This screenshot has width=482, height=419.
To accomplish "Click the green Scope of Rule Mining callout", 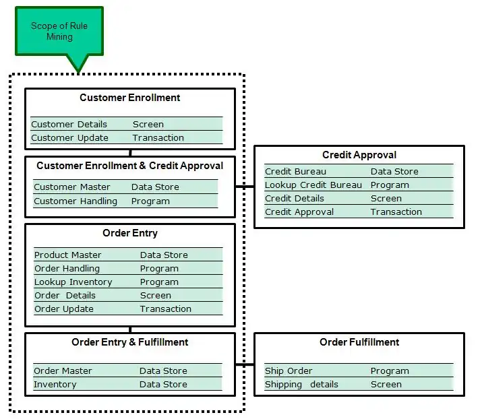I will tap(59, 32).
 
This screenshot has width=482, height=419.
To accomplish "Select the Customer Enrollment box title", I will tap(130, 98).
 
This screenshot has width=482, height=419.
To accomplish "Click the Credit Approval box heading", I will tap(359, 155).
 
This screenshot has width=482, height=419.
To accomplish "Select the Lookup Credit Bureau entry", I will tap(313, 185).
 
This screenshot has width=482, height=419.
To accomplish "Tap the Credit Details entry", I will tap(294, 198).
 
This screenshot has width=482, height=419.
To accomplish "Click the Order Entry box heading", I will tap(130, 233).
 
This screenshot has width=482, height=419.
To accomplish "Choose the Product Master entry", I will tap(67, 255).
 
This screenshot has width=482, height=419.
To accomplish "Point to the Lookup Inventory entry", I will tap(73, 282).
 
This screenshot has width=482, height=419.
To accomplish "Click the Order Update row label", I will tap(64, 309).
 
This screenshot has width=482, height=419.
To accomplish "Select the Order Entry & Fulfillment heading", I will tap(130, 342).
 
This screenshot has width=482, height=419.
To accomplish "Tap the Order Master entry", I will tap(63, 370).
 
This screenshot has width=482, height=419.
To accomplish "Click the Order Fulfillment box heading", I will tap(359, 342).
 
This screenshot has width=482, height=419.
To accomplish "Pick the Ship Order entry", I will tap(289, 370).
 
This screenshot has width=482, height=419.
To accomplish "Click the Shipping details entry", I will tap(301, 384).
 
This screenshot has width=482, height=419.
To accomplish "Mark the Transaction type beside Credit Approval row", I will tap(396, 212).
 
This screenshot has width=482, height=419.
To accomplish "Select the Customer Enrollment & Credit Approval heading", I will tap(130, 165).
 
